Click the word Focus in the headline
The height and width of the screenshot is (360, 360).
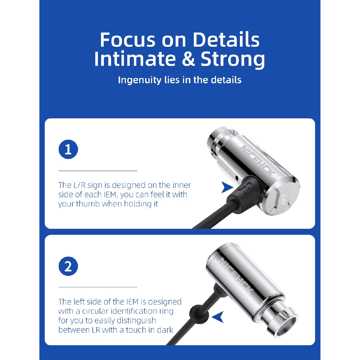pyautogui.click(x=128, y=40)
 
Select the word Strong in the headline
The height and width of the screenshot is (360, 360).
pyautogui.click(x=233, y=60)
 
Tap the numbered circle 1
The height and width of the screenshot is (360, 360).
pyautogui.click(x=68, y=149)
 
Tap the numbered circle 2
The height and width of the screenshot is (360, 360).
pyautogui.click(x=68, y=266)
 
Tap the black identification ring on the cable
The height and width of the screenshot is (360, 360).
pyautogui.click(x=199, y=314)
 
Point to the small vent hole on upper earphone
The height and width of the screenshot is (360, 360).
pyautogui.click(x=237, y=177)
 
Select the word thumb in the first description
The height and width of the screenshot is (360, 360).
pyautogui.click(x=88, y=204)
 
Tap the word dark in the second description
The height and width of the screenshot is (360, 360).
pyautogui.click(x=165, y=330)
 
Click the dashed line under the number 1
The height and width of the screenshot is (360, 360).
pyautogui.click(x=98, y=171)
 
